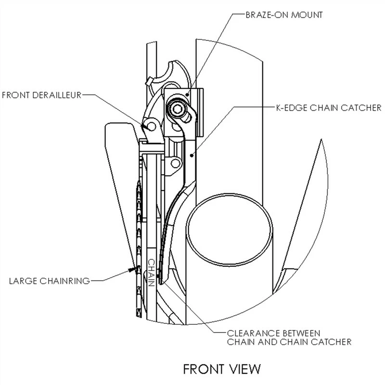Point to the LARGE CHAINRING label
[49, 280]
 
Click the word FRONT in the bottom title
[202, 369]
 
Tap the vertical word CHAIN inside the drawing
[151, 272]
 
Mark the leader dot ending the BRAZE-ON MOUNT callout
[188, 94]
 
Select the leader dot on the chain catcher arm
[192, 154]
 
